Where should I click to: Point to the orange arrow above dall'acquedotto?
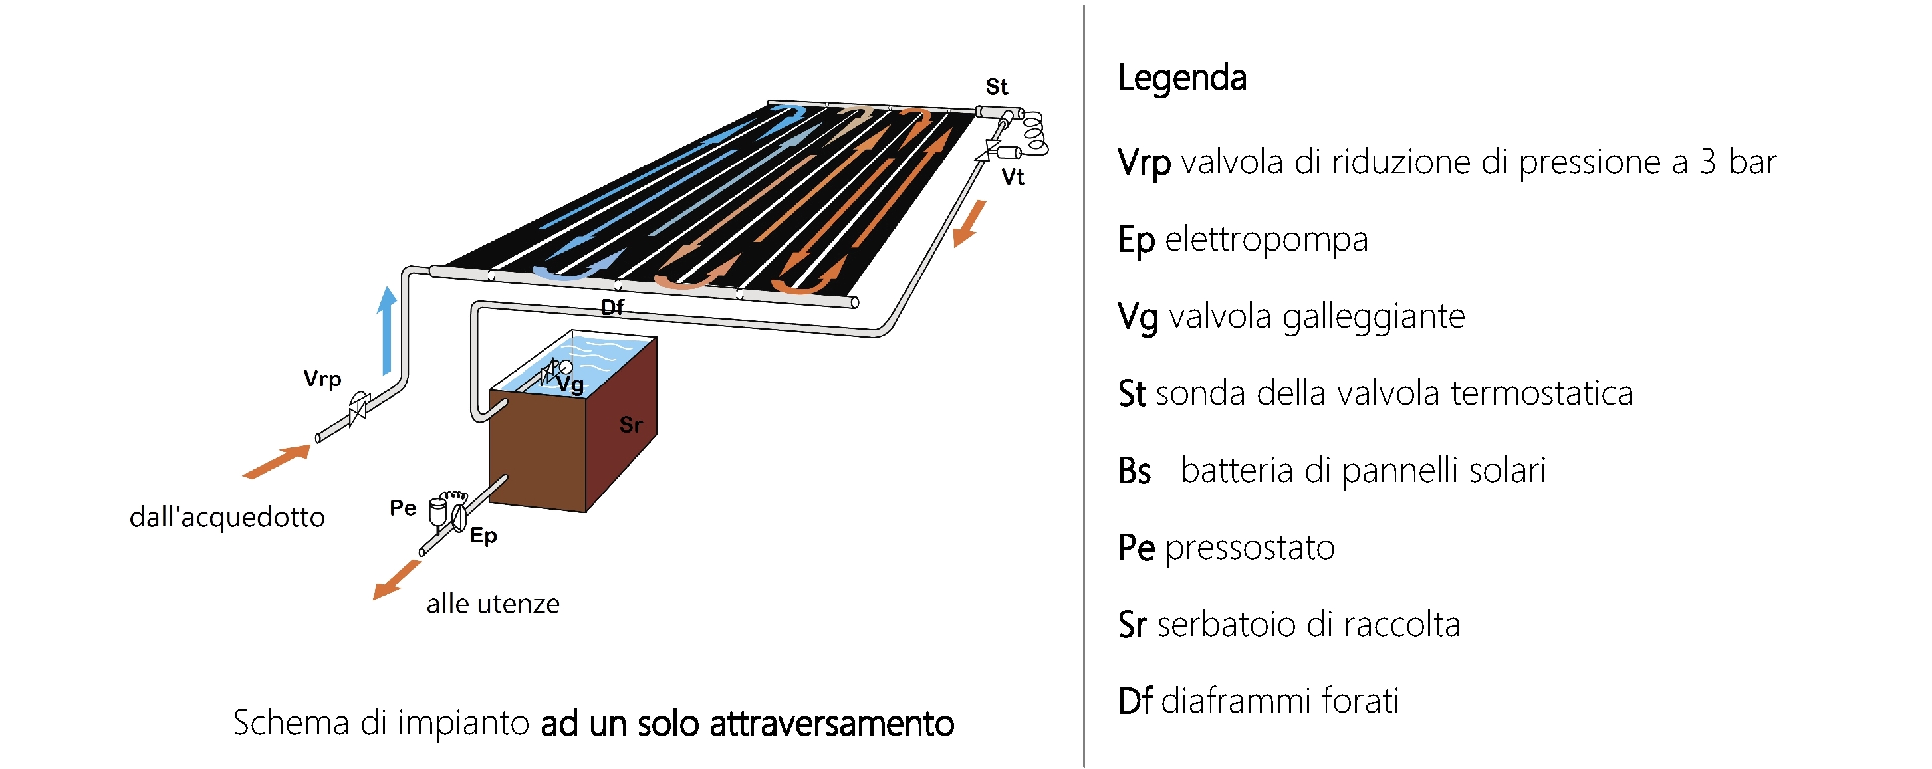(276, 462)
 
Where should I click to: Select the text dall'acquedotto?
(227, 517)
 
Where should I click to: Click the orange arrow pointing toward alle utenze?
(396, 580)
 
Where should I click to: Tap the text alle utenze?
(493, 604)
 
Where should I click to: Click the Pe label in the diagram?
(403, 508)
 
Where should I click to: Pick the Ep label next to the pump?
(484, 536)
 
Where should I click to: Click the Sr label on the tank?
(631, 425)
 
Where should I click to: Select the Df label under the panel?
(612, 306)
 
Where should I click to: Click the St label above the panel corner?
(997, 87)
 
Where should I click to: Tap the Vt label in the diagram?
(1013, 177)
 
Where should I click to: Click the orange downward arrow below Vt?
(969, 223)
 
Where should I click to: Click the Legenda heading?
(1182, 78)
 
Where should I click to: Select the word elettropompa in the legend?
(1267, 240)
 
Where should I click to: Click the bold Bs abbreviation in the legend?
(1134, 471)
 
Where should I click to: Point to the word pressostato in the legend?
(1251, 548)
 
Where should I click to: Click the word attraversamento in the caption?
(832, 724)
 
